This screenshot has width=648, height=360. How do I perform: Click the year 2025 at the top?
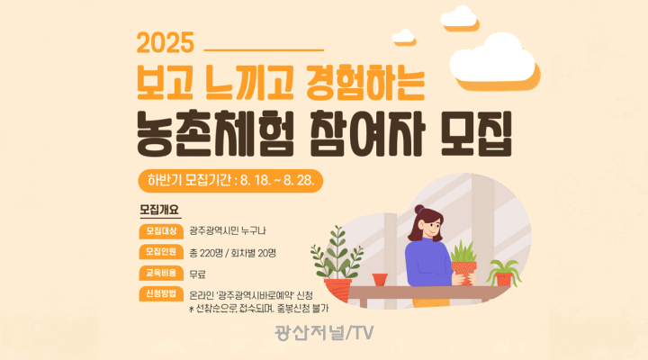point(166,42)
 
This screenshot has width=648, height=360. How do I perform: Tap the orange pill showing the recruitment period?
point(230,181)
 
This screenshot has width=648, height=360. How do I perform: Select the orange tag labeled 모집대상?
point(161,231)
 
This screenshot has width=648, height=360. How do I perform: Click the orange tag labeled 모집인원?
point(161,252)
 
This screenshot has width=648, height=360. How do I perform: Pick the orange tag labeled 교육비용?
point(161,274)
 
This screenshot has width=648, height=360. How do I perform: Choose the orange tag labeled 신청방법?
point(161,294)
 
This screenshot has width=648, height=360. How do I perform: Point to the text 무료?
point(197,274)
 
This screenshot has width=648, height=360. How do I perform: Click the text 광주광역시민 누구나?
point(228,231)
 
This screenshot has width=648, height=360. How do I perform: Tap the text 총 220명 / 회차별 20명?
point(232,253)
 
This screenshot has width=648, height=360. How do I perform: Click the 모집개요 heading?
point(159,210)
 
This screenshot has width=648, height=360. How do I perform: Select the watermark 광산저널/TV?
point(324,333)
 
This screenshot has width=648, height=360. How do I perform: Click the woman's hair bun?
point(419,210)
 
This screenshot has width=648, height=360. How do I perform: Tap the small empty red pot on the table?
point(380,279)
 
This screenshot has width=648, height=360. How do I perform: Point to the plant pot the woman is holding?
point(463,273)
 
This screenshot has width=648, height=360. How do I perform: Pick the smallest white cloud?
point(402,36)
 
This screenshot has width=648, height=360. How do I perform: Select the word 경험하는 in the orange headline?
point(365,83)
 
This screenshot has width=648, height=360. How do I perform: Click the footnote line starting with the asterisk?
point(258,309)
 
